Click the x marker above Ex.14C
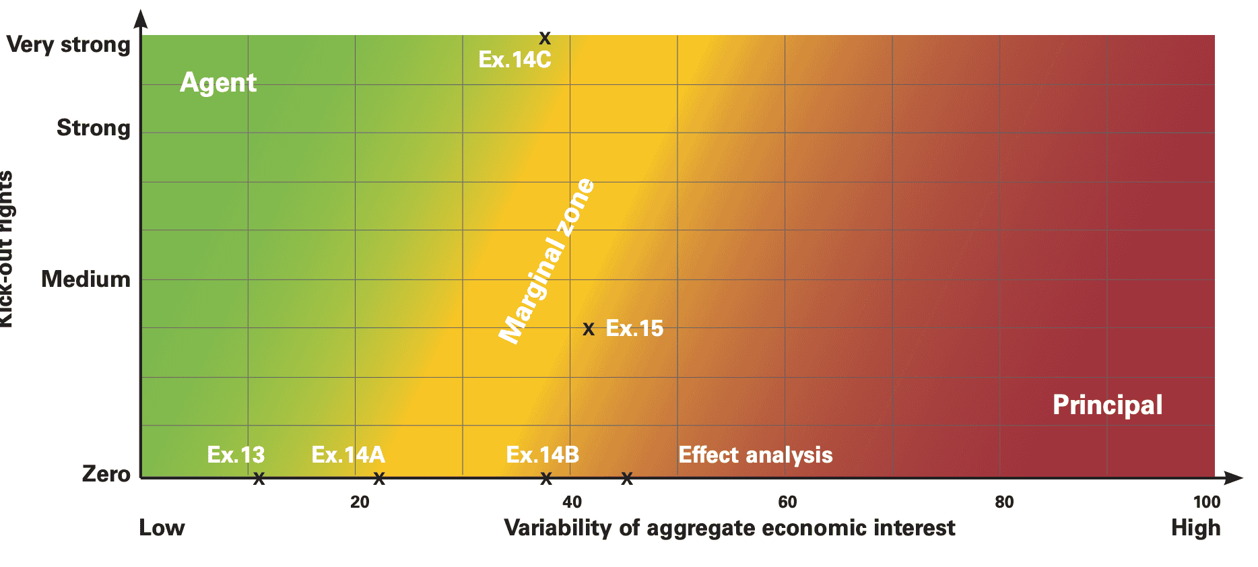pos(545,38)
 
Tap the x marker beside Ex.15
pos(589,329)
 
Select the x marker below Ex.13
pos(259,479)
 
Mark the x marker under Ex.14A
pos(379,479)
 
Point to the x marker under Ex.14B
pos(546,479)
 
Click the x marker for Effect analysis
pos(627,479)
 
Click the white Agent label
pos(218,83)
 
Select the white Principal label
pos(1107,405)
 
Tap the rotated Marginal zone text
pos(547,261)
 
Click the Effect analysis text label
pos(755,455)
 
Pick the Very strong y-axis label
pos(68,45)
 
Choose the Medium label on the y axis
pos(86,279)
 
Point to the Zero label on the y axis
pos(106,474)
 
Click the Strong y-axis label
pos(93,128)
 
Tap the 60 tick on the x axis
pos(787,502)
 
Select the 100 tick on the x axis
pos(1206,502)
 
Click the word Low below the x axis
pos(162,528)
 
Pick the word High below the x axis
pos(1195,528)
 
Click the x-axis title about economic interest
pos(729,528)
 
